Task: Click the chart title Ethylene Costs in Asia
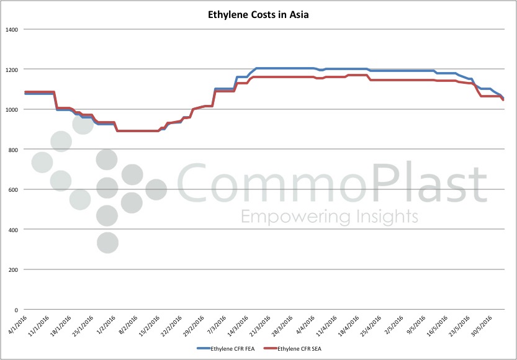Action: click(258, 14)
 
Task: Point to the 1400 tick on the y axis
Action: click(12, 29)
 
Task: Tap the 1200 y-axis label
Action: click(12, 69)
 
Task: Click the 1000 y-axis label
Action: click(12, 109)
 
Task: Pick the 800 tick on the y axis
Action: click(14, 149)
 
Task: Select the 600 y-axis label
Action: click(14, 189)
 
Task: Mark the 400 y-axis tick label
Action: click(14, 229)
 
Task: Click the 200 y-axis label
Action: click(14, 269)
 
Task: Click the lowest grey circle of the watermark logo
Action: click(107, 243)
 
